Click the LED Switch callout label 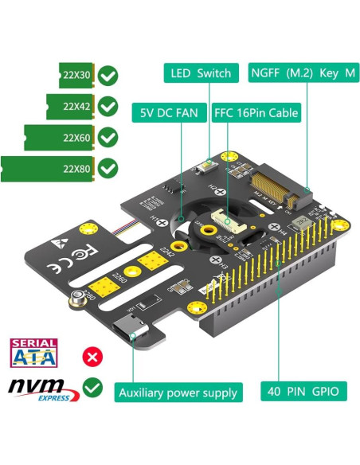point(201,73)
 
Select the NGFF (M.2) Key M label point(304,73)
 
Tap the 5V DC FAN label point(170,113)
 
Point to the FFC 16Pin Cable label point(256,113)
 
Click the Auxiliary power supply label point(178,392)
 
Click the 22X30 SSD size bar point(76,76)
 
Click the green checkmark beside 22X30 point(109,76)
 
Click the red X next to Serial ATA point(93,355)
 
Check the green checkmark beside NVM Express point(93,388)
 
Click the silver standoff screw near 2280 point(79,299)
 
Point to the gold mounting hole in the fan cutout point(209,230)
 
